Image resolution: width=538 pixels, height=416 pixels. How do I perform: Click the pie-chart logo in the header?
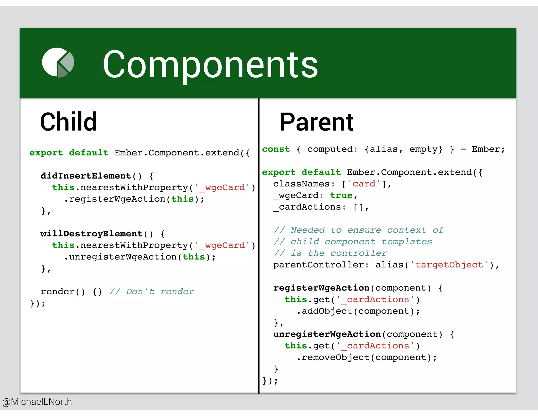click(58, 63)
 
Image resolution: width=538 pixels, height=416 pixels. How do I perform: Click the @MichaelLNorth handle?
click(37, 402)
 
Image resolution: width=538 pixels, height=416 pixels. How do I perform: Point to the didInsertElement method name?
click(86, 176)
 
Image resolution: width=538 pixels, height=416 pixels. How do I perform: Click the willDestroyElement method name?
click(91, 234)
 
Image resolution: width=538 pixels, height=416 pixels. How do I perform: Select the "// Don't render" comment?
click(152, 291)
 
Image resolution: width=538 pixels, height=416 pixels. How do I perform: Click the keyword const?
click(276, 149)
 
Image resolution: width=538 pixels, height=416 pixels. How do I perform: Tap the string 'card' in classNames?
click(364, 184)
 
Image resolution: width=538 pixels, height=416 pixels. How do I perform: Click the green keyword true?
click(341, 195)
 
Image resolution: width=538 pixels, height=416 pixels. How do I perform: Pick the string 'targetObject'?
click(449, 265)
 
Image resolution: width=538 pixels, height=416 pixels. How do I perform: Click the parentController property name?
click(318, 265)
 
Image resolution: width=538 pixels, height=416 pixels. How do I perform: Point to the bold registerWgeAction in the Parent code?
click(321, 288)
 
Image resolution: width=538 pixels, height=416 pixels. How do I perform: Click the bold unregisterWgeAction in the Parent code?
click(327, 334)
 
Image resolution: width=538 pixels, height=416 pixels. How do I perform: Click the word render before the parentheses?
click(58, 291)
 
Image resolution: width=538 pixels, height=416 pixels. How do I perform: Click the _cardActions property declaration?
click(307, 207)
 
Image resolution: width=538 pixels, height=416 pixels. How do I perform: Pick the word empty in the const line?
click(426, 149)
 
